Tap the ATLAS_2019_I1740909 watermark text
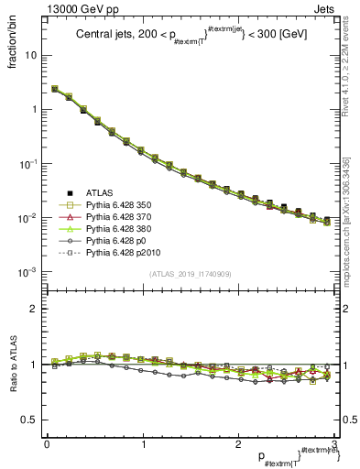[190, 274]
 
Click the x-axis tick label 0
[47, 444]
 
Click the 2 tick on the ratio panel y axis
[34, 309]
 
